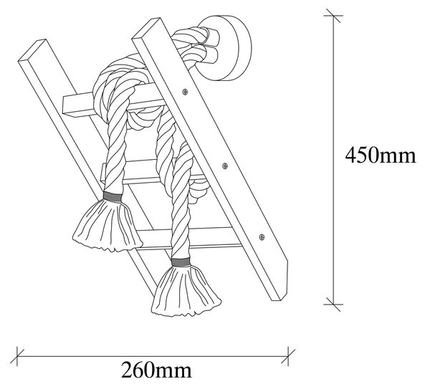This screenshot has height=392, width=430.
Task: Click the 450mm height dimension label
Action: click(x=381, y=156)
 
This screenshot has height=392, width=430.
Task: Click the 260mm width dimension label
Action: click(x=156, y=371)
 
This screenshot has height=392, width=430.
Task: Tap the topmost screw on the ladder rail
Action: click(x=186, y=92)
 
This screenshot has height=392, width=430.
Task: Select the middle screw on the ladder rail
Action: click(x=225, y=166)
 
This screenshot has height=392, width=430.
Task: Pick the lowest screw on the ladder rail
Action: click(x=262, y=236)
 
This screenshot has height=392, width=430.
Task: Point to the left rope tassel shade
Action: click(x=107, y=225)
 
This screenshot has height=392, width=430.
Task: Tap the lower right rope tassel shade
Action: click(x=186, y=292)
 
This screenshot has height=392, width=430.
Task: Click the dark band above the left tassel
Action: click(x=113, y=196)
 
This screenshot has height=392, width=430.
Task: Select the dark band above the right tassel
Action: click(x=181, y=262)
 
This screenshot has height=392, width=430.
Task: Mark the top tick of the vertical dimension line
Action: click(x=333, y=16)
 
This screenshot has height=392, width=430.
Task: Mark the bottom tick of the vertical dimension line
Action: click(x=333, y=305)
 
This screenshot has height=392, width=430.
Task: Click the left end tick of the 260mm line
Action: click(x=17, y=356)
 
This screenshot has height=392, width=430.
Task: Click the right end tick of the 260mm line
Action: click(x=288, y=356)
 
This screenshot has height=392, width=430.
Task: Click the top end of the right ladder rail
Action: click(x=146, y=27)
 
